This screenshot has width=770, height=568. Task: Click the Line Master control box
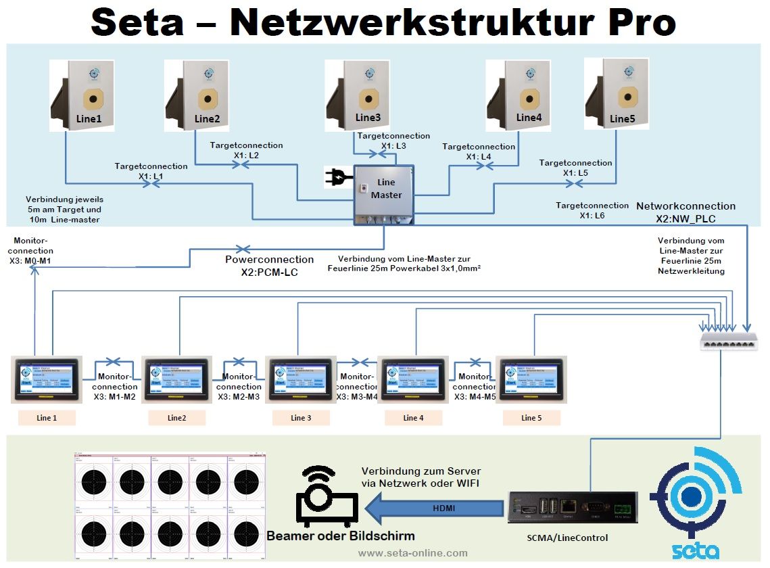pyautogui.click(x=383, y=194)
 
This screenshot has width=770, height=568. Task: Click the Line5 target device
pyautogui.click(x=617, y=93)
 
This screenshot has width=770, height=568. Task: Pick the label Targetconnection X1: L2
pyautogui.click(x=246, y=150)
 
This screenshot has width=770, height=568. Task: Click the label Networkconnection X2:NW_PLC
pyautogui.click(x=685, y=212)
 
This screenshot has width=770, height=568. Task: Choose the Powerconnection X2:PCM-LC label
pyautogui.click(x=269, y=265)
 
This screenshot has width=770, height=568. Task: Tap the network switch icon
pyautogui.click(x=729, y=341)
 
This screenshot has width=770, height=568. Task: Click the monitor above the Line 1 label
pyautogui.click(x=47, y=379)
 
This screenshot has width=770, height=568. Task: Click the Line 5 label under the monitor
pyautogui.click(x=531, y=418)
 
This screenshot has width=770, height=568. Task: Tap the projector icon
pyautogui.click(x=327, y=498)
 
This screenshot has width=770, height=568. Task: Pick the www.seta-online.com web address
pyautogui.click(x=412, y=553)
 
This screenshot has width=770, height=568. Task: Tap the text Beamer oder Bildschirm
pyautogui.click(x=341, y=536)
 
